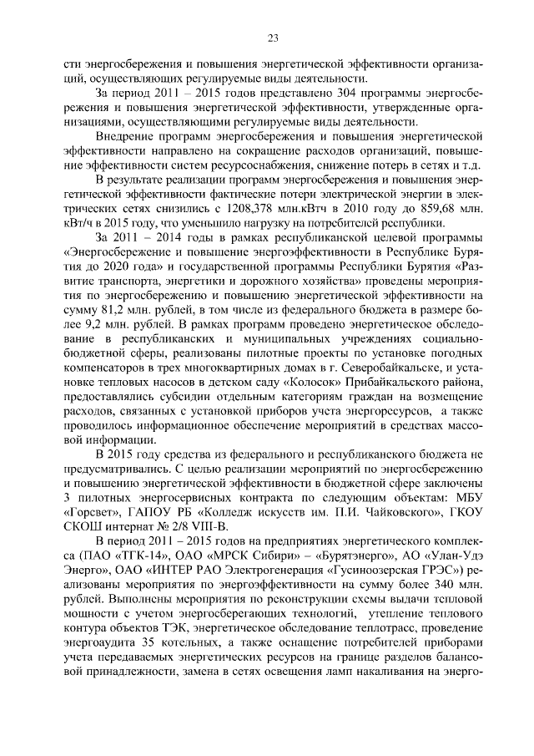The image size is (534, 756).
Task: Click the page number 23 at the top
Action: (272, 37)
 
